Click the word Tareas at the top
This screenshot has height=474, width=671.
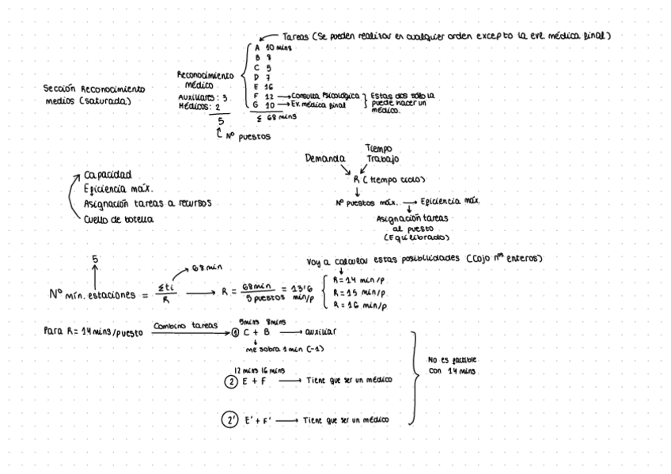click(296, 36)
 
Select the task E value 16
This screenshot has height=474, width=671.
click(268, 86)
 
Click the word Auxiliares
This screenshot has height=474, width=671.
click(196, 97)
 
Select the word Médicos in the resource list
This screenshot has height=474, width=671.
click(193, 106)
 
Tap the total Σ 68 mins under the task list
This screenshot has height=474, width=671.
click(273, 116)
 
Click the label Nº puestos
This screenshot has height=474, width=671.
click(250, 136)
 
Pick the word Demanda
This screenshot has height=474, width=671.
click(324, 158)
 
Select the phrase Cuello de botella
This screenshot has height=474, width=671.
click(119, 218)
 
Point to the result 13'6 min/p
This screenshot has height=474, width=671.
click(282, 292)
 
